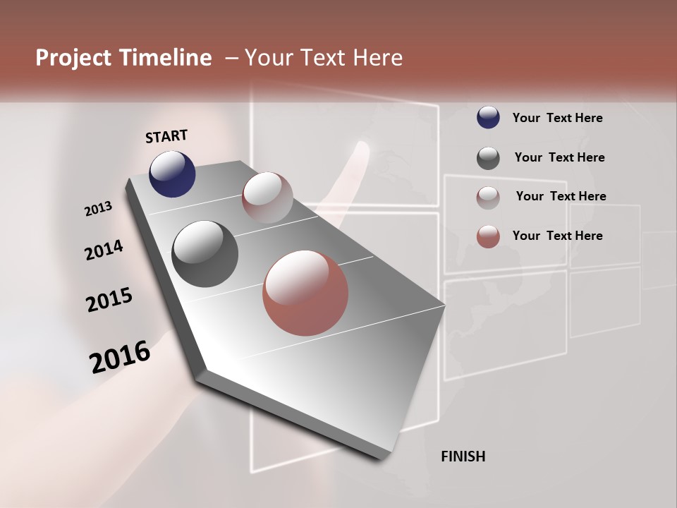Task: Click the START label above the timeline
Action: [166, 136]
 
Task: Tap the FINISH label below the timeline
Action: [463, 456]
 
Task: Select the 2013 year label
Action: [98, 208]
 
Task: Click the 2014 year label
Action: [104, 250]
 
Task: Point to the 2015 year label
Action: [109, 300]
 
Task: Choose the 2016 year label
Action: [120, 356]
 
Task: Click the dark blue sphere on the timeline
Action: [172, 174]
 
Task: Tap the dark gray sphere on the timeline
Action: [205, 254]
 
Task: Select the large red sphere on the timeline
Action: [305, 293]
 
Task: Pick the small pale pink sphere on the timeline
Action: [267, 198]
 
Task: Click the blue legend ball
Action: [488, 117]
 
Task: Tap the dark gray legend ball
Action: [488, 157]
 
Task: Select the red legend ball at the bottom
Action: [488, 236]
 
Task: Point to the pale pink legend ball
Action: [488, 197]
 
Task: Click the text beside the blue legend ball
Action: [557, 118]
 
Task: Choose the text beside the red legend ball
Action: [557, 236]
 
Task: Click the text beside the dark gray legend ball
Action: [559, 157]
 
